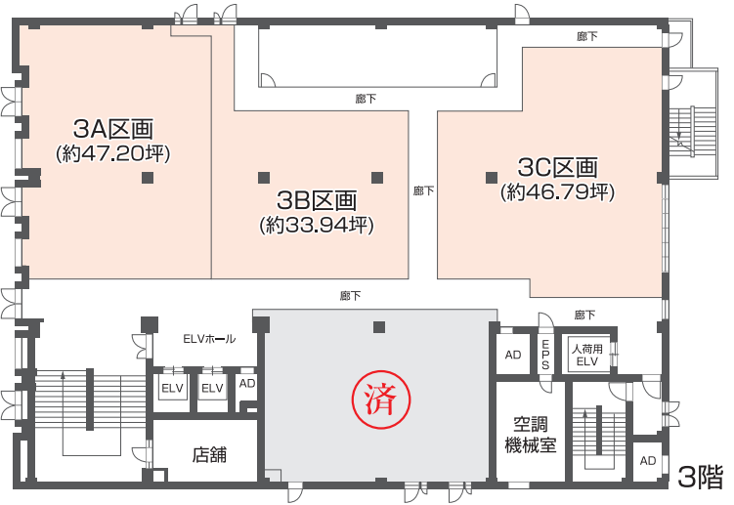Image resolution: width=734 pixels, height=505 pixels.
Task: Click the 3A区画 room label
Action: [113, 129]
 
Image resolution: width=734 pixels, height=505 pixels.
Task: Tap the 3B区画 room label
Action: [317, 200]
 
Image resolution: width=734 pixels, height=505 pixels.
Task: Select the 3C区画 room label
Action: [557, 167]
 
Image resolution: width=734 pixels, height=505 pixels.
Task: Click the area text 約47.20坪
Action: [112, 153]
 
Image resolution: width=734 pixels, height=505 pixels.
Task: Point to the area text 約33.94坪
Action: [317, 225]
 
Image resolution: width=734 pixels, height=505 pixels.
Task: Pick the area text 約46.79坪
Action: [557, 191]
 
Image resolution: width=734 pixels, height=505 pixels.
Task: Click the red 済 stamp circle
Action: [381, 400]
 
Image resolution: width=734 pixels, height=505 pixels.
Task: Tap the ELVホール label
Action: [209, 339]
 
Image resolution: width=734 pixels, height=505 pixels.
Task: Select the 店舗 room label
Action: [209, 454]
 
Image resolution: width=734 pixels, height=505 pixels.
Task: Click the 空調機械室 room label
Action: [531, 435]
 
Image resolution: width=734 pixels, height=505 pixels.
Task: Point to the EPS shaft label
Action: [545, 355]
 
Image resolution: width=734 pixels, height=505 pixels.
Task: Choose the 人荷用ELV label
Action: [587, 356]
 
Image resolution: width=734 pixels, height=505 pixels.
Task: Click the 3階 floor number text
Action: [701, 478]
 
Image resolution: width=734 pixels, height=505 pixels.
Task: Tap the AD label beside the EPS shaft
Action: [513, 355]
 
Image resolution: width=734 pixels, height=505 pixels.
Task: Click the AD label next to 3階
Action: [648, 461]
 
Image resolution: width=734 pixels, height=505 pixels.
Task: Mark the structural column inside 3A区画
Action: [148, 178]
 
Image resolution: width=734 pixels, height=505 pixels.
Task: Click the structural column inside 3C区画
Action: [492, 178]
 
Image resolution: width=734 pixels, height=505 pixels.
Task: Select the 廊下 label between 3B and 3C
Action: [423, 190]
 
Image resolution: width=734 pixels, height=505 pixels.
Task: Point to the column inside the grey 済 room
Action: [379, 327]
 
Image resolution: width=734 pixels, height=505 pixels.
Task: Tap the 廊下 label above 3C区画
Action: [587, 36]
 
